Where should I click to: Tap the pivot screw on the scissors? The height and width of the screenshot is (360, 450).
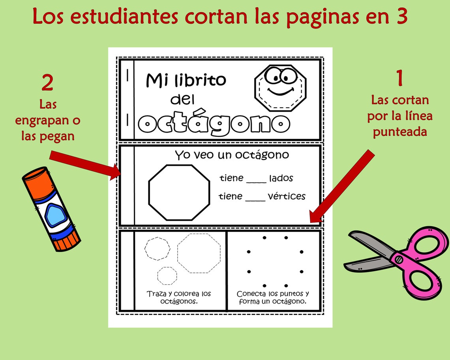pyautogui.click(x=398, y=259)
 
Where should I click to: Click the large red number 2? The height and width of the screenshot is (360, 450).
pyautogui.click(x=47, y=83)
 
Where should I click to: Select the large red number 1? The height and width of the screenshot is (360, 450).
pyautogui.click(x=399, y=78)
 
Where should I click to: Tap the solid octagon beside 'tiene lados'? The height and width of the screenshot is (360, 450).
pyautogui.click(x=179, y=192)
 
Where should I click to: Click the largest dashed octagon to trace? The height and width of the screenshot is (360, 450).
pyautogui.click(x=199, y=253)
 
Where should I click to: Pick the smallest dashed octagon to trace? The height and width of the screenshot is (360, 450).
pyautogui.click(x=167, y=275)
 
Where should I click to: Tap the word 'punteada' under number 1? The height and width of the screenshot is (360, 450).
pyautogui.click(x=400, y=131)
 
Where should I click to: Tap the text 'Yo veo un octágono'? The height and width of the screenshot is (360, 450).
pyautogui.click(x=232, y=155)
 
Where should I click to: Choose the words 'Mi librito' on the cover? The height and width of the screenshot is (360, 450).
pyautogui.click(x=186, y=80)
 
